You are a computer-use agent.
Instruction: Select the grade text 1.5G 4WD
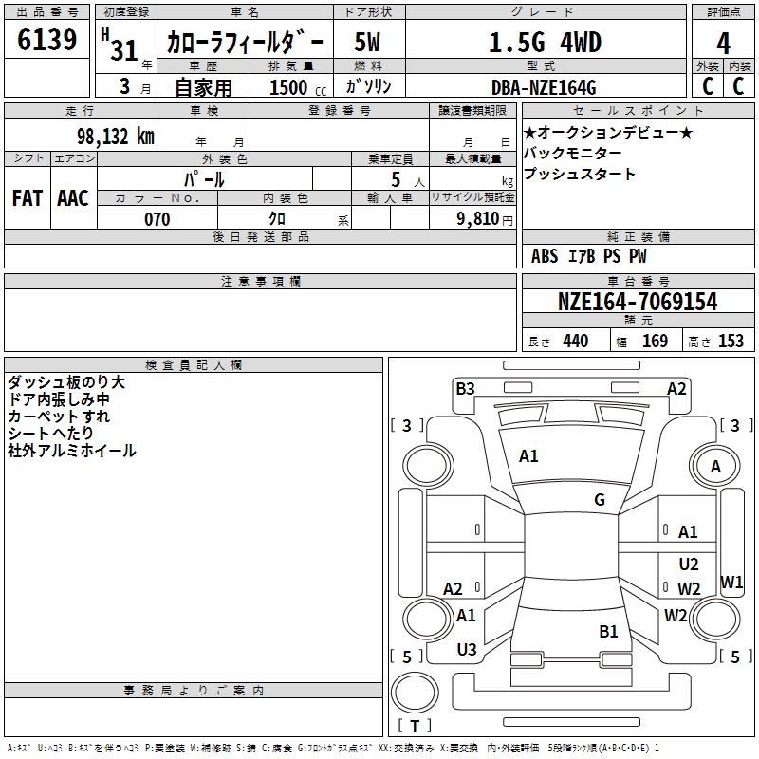(545, 43)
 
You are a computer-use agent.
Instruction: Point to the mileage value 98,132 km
(113, 136)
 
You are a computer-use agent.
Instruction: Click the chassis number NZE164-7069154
(638, 302)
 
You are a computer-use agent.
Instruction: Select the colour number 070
(157, 219)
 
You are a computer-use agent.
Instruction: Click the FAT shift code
(27, 197)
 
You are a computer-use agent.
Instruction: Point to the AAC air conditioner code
(73, 197)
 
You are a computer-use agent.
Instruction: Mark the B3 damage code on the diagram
(465, 388)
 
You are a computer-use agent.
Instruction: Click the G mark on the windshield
(600, 500)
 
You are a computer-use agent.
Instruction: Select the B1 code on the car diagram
(608, 631)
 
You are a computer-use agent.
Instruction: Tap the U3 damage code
(467, 650)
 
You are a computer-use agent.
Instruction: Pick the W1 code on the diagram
(731, 582)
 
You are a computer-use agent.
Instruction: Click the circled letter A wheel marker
(716, 466)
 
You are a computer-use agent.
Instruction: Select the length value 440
(575, 342)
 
